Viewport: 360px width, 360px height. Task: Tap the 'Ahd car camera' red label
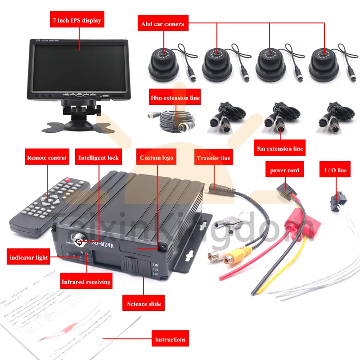[162, 24]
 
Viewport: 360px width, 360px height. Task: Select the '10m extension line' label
[175, 98]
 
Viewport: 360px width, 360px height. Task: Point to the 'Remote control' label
[47, 158]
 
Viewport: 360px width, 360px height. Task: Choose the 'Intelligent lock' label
[99, 158]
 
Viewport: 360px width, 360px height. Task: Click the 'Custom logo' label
[157, 158]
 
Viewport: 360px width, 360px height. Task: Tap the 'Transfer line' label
[213, 158]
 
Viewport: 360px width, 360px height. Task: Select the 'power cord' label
[284, 171]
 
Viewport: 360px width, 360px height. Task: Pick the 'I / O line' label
[336, 171]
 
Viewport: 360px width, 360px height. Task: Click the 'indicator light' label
[29, 258]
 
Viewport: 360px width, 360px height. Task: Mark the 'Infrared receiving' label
[86, 282]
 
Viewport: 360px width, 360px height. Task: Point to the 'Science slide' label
[144, 304]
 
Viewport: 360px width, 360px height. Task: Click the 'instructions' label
[170, 339]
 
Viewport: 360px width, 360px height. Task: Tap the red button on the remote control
[67, 180]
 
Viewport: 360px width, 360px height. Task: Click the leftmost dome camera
[163, 63]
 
